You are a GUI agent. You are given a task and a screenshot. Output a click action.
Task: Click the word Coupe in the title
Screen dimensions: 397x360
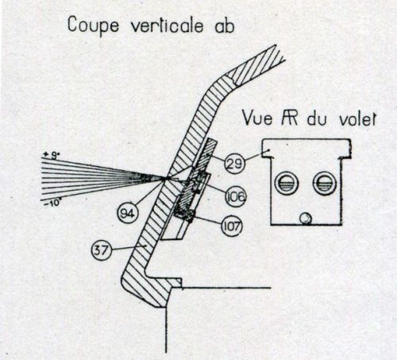[x=94, y=26]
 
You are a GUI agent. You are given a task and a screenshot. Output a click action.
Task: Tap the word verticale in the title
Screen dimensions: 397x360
[x=168, y=25]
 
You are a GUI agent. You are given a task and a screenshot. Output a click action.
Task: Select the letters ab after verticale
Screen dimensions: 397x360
[x=225, y=26]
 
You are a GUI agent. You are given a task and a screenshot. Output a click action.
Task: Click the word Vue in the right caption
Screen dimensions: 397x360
[x=257, y=118]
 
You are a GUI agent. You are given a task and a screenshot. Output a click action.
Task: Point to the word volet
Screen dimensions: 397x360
[x=357, y=119]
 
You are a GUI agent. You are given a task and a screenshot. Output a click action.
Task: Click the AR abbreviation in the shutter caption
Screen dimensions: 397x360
[x=290, y=118]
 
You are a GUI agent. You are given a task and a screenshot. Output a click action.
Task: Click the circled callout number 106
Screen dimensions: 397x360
[x=235, y=196]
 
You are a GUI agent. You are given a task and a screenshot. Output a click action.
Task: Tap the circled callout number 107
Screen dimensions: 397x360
[x=232, y=226]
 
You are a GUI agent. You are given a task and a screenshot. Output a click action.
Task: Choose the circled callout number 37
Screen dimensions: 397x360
[x=101, y=250]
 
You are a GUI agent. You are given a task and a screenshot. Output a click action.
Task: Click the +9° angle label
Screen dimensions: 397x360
[x=51, y=156]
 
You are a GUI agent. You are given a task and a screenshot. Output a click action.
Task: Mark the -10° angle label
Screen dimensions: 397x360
[x=52, y=204]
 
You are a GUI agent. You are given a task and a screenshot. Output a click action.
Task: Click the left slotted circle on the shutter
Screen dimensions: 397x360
[x=287, y=183]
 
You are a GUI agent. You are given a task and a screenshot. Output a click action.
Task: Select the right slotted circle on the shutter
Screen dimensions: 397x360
[x=325, y=183]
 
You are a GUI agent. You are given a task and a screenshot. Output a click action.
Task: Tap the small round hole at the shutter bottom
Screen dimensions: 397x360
[x=305, y=219]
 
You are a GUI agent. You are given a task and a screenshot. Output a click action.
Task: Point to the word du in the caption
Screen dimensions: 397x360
[x=318, y=119]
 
